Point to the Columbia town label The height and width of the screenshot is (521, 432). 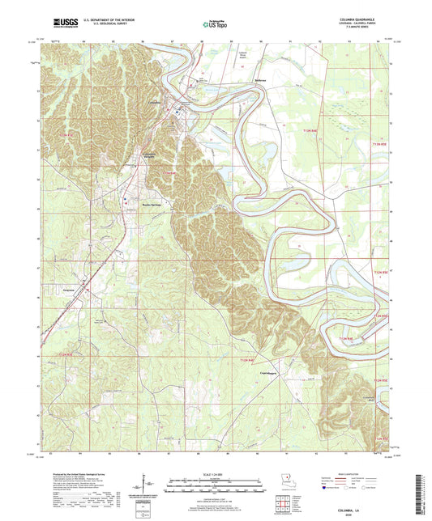tap(156, 103)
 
